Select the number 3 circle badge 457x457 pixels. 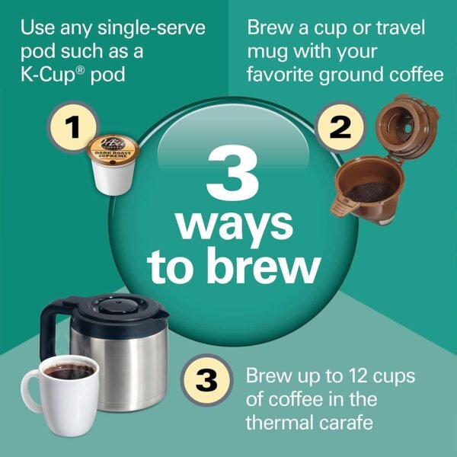click(205, 378)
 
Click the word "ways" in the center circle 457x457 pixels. click(233, 225)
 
